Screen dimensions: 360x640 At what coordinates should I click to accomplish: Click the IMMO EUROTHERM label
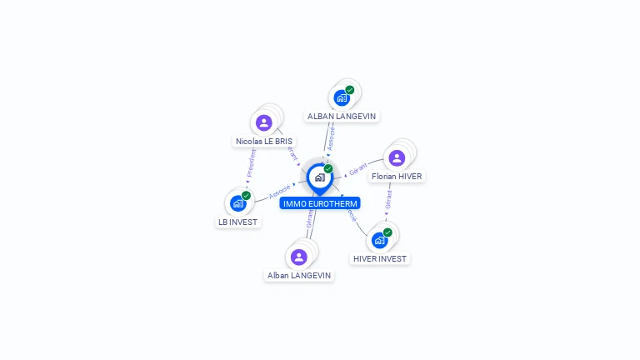point(320,203)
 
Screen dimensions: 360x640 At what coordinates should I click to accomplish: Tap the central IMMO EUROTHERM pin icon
point(319,177)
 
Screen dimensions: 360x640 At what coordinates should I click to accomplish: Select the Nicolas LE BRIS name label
point(264,142)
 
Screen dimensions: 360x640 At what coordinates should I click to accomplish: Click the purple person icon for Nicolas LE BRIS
point(264,123)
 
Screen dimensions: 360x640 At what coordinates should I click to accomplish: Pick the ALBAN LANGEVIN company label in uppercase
point(342,117)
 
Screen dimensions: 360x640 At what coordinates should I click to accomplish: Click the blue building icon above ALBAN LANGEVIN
point(341,97)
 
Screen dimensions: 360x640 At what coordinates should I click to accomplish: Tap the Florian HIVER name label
point(397,177)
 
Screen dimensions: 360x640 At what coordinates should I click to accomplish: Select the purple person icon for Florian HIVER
point(397,157)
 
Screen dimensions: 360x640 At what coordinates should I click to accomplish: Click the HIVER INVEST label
point(380,259)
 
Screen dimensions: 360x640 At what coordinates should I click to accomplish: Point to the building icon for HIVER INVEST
point(379,240)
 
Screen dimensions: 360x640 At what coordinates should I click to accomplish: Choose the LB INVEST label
point(238,222)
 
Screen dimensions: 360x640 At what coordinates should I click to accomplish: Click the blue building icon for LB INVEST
point(237,203)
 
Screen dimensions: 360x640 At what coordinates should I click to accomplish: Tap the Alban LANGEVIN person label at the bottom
point(299,275)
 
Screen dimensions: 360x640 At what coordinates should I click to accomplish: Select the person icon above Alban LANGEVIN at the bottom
point(299,257)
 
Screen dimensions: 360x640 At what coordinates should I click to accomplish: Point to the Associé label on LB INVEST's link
point(280,191)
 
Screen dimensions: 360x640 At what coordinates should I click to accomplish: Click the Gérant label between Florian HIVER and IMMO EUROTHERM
point(358,170)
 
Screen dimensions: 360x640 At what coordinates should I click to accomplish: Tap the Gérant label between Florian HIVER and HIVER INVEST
point(388,199)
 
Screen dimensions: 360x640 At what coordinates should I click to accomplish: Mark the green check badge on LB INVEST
point(246,196)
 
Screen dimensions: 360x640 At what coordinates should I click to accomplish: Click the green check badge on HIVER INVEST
point(387,232)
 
